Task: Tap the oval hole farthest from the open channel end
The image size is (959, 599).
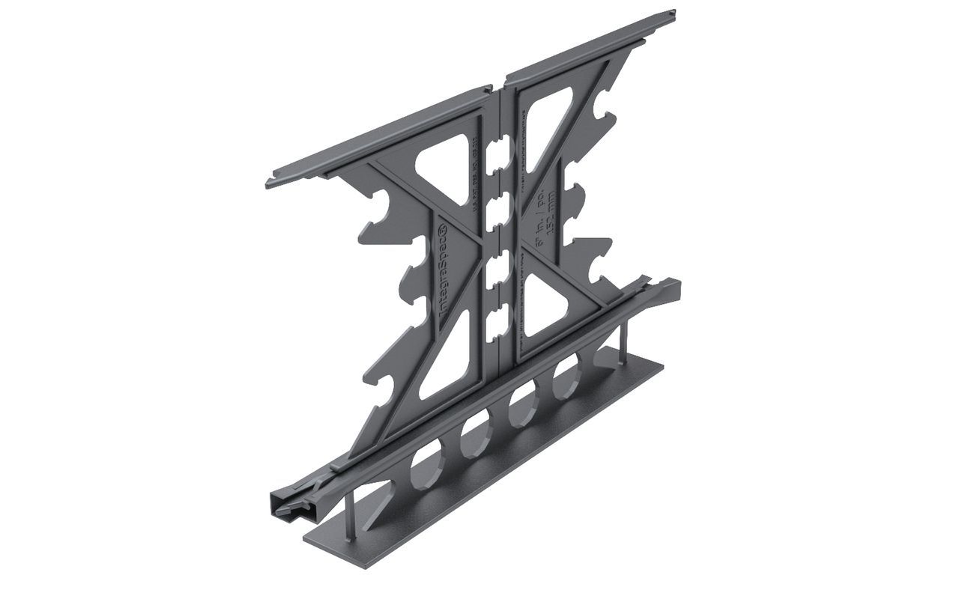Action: tap(567, 378)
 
